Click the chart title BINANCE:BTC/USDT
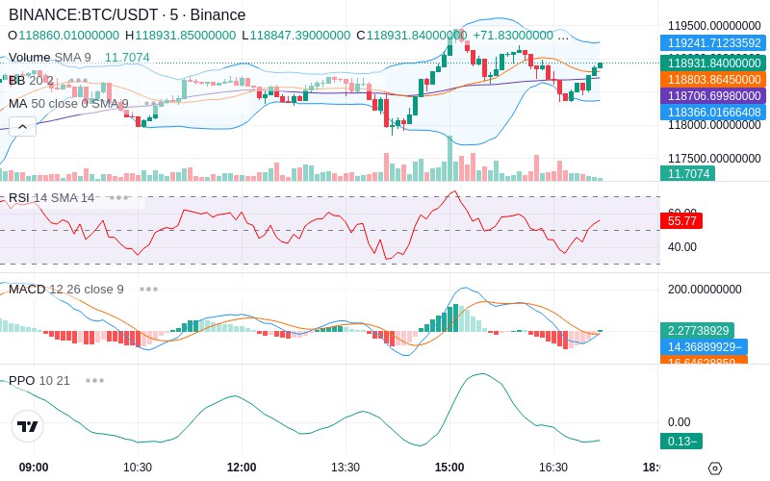tap(86, 15)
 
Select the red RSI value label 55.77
tap(681, 220)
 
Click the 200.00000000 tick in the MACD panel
tap(705, 289)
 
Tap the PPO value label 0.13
tap(681, 442)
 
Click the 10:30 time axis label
tap(138, 467)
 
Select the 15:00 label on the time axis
tap(449, 467)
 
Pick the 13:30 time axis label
tap(346, 467)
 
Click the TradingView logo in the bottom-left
tap(28, 427)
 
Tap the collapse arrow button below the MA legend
tap(21, 125)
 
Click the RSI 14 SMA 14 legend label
tap(52, 198)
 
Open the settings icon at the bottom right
tap(714, 468)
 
